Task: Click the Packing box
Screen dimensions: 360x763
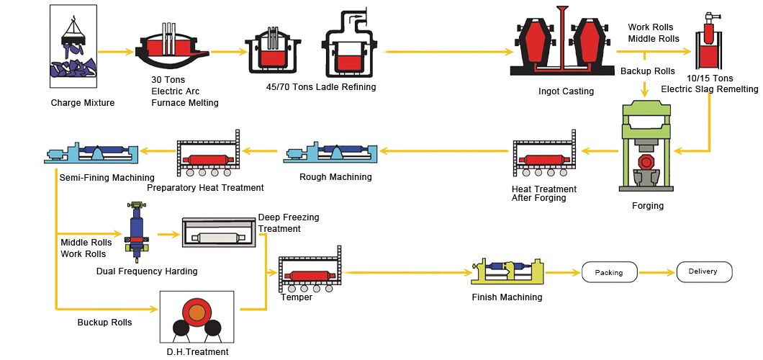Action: (x=608, y=273)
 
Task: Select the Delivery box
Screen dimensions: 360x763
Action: (x=704, y=272)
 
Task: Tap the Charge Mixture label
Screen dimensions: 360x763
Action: (x=82, y=103)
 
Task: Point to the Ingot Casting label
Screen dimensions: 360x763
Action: (x=566, y=91)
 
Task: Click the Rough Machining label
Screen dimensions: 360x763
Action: (x=335, y=177)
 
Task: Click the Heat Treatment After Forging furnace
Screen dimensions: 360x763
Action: (x=544, y=158)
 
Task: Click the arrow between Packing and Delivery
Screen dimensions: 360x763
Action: (x=657, y=273)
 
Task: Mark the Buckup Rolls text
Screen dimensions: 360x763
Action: (x=104, y=323)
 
